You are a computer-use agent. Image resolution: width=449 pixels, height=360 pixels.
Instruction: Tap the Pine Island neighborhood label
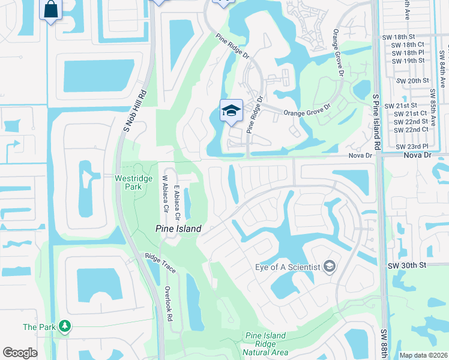pyautogui.click(x=178, y=229)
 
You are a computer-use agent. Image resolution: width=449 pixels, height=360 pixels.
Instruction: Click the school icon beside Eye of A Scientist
pyautogui.click(x=329, y=266)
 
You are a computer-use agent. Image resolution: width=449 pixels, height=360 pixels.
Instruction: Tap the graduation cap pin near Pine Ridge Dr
pyautogui.click(x=231, y=111)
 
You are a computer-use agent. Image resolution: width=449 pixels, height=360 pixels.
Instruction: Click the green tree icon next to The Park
pyautogui.click(x=63, y=326)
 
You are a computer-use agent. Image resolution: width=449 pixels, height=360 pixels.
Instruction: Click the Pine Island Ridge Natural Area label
pyautogui.click(x=267, y=344)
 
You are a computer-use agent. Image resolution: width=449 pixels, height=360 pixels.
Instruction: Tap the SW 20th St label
pyautogui.click(x=411, y=80)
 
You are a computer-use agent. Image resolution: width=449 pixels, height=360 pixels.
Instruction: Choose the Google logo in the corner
pyautogui.click(x=20, y=353)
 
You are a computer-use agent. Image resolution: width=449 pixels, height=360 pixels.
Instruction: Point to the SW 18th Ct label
pyautogui.click(x=409, y=44)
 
